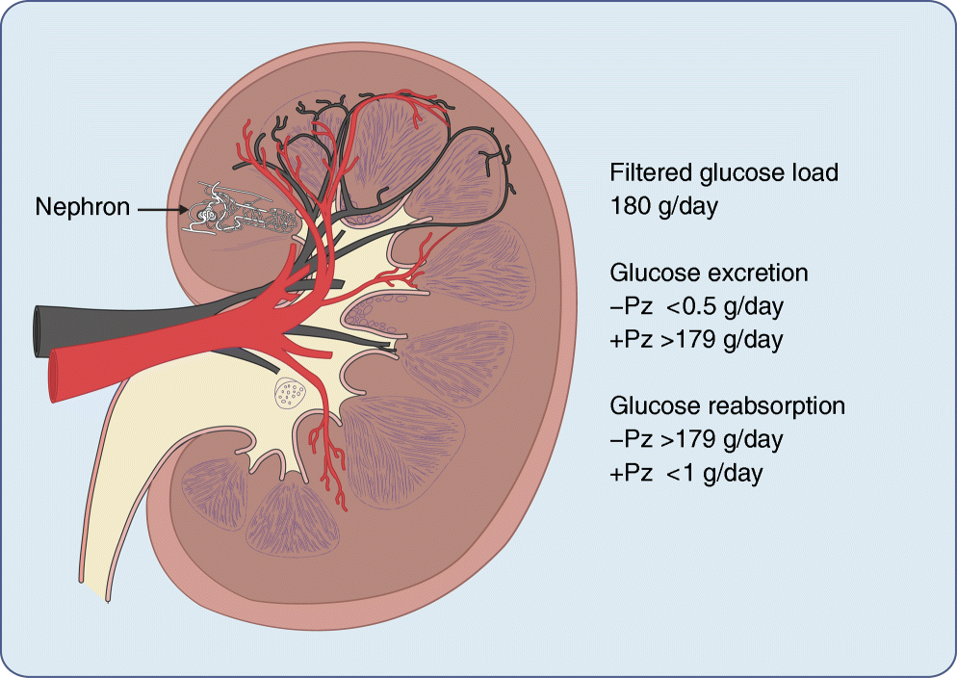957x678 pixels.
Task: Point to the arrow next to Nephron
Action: (160, 206)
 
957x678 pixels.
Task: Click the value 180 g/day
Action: (664, 207)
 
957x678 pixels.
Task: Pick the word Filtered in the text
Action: (648, 173)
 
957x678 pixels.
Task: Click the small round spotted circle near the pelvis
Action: (289, 392)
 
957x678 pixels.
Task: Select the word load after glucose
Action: (813, 173)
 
